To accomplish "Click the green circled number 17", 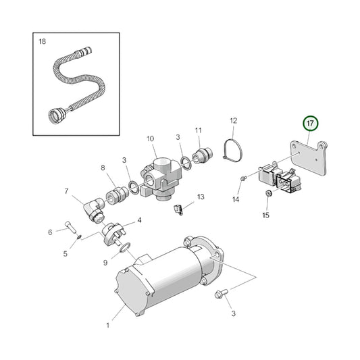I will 310,124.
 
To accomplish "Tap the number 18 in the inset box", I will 43,42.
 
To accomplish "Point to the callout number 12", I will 233,122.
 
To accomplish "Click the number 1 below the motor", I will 107,326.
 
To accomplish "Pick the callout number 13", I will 201,197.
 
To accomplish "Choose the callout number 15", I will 265,215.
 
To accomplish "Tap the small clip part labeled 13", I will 178,210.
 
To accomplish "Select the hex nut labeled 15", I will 267,195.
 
